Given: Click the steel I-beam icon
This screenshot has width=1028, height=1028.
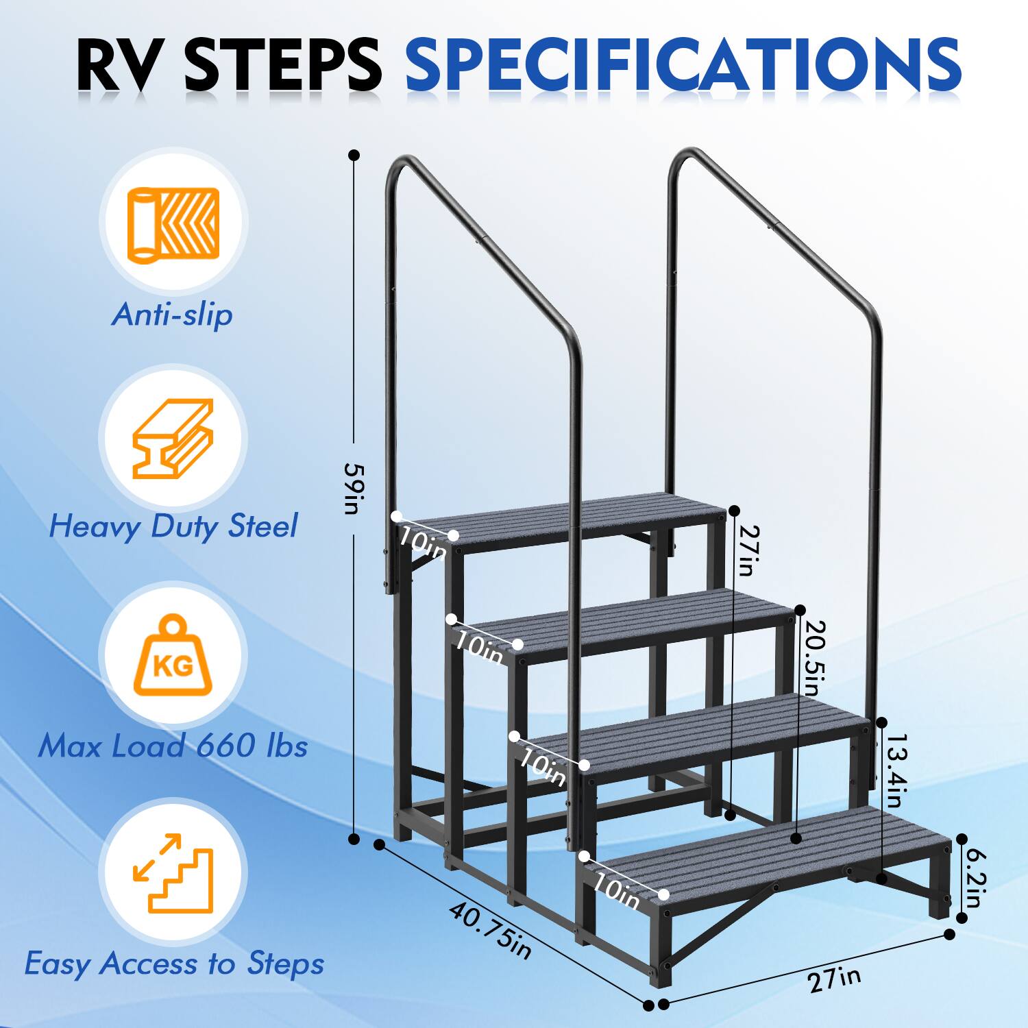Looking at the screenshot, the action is [x=172, y=439].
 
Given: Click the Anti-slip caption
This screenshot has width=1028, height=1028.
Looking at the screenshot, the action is [x=172, y=315].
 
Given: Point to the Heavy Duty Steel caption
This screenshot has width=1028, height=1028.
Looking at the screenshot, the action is [x=173, y=526].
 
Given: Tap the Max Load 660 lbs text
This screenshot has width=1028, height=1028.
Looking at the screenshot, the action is [x=173, y=746].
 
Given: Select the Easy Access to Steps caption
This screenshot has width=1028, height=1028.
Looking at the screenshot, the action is [x=174, y=963].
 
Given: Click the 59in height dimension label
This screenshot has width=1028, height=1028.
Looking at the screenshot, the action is [x=354, y=488].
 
